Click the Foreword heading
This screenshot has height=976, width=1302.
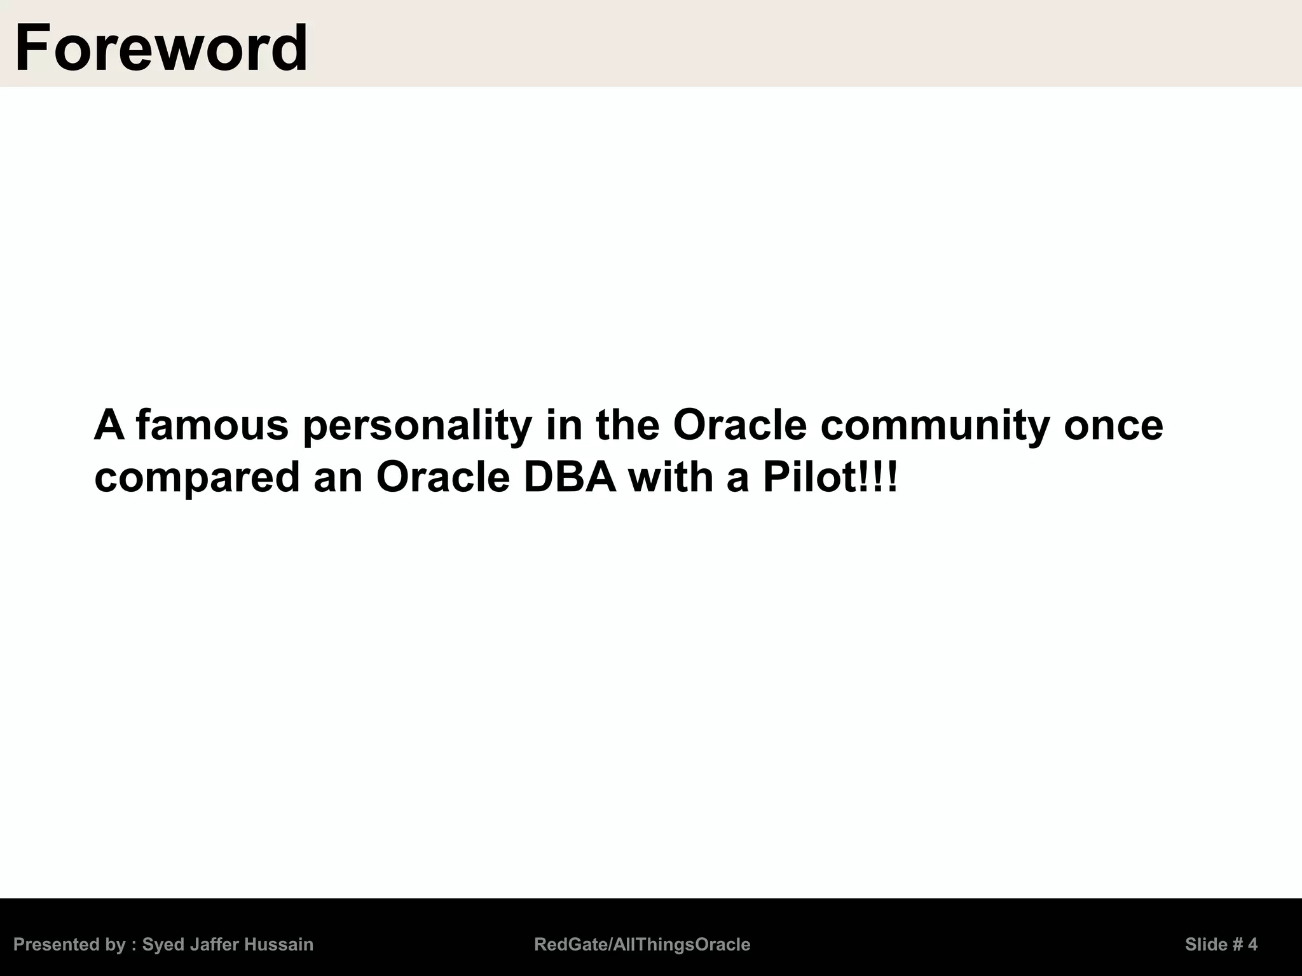click(161, 48)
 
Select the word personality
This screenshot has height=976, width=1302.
click(416, 426)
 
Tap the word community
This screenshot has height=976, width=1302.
click(935, 426)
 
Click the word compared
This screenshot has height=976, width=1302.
click(196, 478)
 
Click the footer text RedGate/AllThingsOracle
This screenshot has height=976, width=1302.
click(642, 944)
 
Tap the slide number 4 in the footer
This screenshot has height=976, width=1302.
click(1252, 944)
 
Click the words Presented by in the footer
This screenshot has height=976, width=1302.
click(69, 944)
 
